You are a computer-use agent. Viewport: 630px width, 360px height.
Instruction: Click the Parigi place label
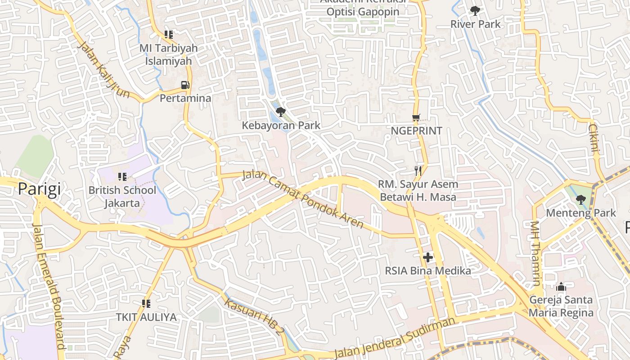point(39,189)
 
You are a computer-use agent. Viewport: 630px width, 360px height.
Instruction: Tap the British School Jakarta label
point(122,197)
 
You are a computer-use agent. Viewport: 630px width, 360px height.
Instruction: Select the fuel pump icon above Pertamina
point(185,85)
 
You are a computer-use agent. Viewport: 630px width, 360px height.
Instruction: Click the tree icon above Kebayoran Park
point(281,112)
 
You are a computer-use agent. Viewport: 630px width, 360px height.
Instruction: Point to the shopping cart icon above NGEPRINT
point(416,118)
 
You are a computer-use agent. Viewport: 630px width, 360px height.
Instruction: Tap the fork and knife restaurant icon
point(418,171)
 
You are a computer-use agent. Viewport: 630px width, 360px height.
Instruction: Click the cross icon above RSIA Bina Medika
point(428,257)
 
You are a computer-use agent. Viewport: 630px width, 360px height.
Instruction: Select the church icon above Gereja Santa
point(561,287)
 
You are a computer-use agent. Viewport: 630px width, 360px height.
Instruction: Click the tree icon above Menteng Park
point(580,199)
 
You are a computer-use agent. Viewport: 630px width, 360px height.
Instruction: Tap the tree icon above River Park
point(475,11)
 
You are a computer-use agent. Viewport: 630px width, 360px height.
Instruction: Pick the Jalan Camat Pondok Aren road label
point(303,198)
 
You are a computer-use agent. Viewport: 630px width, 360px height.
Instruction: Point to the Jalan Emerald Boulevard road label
point(49,286)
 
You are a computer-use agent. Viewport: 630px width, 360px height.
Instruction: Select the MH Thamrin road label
point(535,253)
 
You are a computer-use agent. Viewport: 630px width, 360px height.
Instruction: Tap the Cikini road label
point(594,139)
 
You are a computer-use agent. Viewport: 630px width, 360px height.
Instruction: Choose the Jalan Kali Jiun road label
point(104,70)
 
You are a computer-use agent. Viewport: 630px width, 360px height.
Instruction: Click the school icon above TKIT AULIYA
point(146,304)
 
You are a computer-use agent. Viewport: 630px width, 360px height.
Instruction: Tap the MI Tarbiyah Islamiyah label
point(168,54)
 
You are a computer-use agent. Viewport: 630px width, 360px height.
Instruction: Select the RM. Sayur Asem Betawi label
point(418,190)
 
